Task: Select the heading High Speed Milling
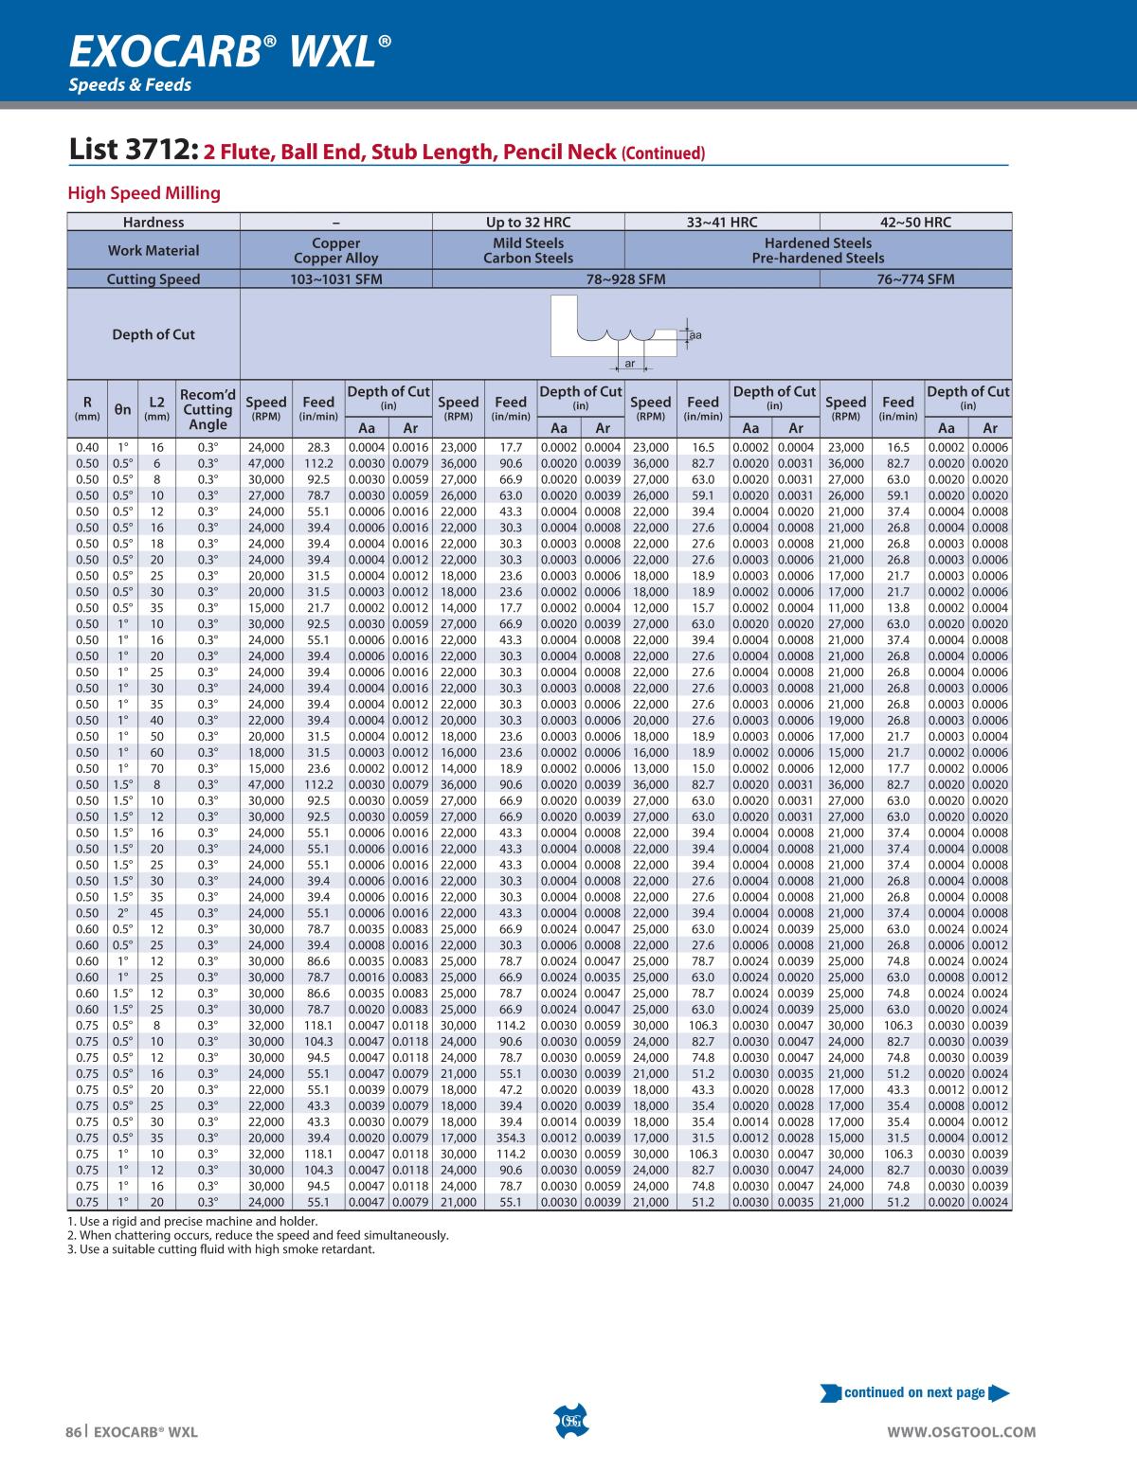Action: (144, 193)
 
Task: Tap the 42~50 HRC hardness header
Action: (914, 223)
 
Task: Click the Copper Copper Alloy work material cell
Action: (335, 251)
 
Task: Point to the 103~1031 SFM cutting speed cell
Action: (335, 279)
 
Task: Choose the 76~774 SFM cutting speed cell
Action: (914, 279)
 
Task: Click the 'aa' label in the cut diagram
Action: (695, 335)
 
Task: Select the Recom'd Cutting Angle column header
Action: (208, 409)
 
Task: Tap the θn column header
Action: (123, 409)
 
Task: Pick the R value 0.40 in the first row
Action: (86, 447)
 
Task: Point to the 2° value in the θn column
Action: (123, 913)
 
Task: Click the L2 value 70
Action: (156, 768)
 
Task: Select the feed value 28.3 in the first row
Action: (317, 447)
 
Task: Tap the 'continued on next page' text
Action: (914, 1392)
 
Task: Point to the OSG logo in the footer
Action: (569, 1421)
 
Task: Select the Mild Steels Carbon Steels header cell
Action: (528, 251)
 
